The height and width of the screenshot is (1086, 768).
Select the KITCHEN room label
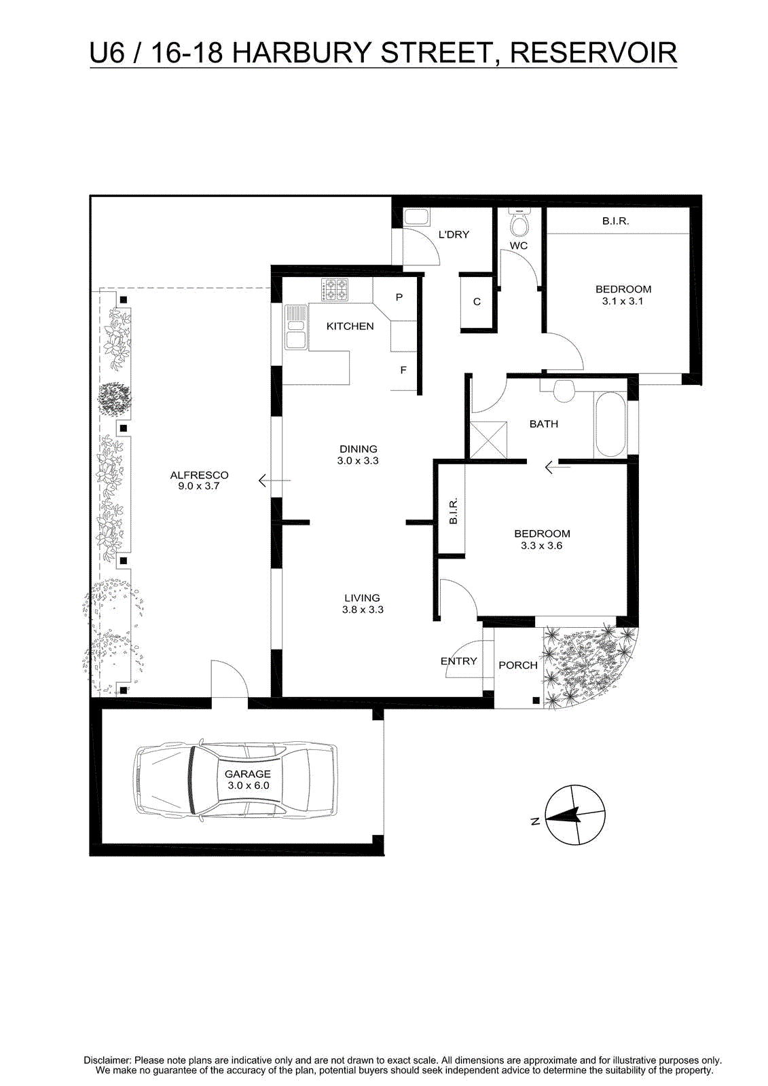point(350,326)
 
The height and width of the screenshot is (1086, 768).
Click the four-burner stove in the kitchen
point(334,290)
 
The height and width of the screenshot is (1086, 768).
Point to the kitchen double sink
point(295,326)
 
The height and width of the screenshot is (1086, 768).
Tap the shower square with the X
point(488,441)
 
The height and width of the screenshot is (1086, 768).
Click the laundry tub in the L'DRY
point(416,217)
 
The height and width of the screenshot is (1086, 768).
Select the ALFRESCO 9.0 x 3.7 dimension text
point(199,486)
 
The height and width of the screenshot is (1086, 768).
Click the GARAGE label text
point(247,774)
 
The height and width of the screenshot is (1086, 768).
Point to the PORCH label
point(518,665)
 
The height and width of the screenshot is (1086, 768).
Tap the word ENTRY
point(458,661)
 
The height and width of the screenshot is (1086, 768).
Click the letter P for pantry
point(399,297)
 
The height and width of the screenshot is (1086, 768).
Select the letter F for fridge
point(403,371)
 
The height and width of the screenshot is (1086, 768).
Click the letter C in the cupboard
point(477,301)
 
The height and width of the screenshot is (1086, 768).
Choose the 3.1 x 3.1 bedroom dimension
point(623,301)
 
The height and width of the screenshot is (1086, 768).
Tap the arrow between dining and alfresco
point(274,481)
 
